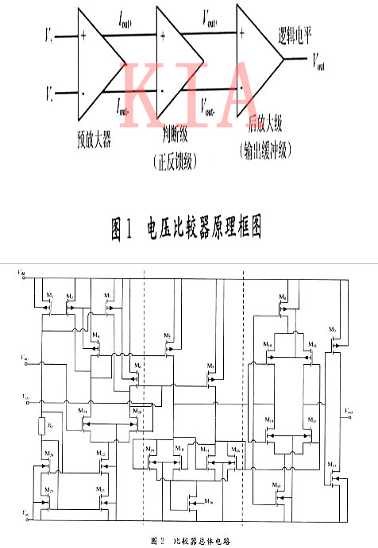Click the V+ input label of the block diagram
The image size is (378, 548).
48,36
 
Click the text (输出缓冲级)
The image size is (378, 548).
261,148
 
